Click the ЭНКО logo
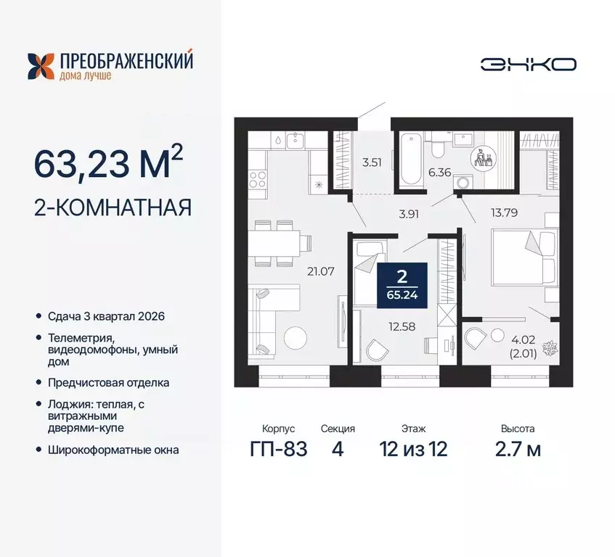pyautogui.click(x=528, y=64)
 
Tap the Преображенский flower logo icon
pyautogui.click(x=41, y=65)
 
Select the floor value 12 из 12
pyautogui.click(x=413, y=449)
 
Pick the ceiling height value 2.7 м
pyautogui.click(x=516, y=449)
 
